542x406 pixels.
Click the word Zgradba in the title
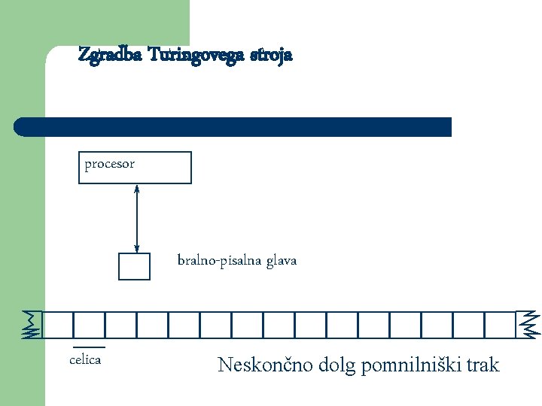[x=111, y=56]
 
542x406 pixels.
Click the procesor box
[x=135, y=168]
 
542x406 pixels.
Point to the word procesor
[x=109, y=164]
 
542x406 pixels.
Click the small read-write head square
[x=135, y=266]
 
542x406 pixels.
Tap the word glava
[x=280, y=261]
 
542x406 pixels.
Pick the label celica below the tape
[x=85, y=360]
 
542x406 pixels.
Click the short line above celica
[x=88, y=347]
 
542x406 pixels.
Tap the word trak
[x=483, y=366]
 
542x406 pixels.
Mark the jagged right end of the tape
[x=528, y=324]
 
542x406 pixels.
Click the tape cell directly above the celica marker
[x=89, y=325]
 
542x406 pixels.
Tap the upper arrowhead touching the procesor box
[x=136, y=188]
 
